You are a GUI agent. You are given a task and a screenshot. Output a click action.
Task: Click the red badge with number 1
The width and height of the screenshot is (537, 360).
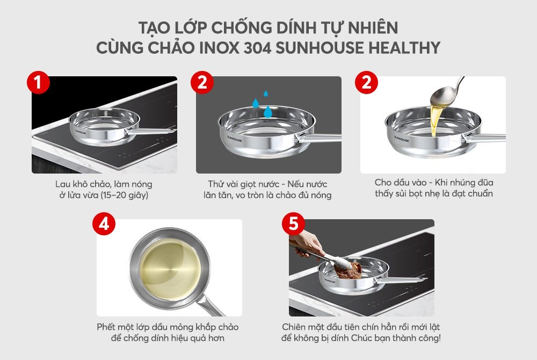coord(39,82)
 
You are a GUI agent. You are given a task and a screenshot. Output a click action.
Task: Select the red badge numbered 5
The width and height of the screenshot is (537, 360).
coord(293,224)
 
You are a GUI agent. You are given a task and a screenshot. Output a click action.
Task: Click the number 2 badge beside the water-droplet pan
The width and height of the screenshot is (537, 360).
coord(202,82)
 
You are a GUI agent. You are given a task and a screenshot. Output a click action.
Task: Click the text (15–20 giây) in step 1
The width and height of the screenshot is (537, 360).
coord(122,195)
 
